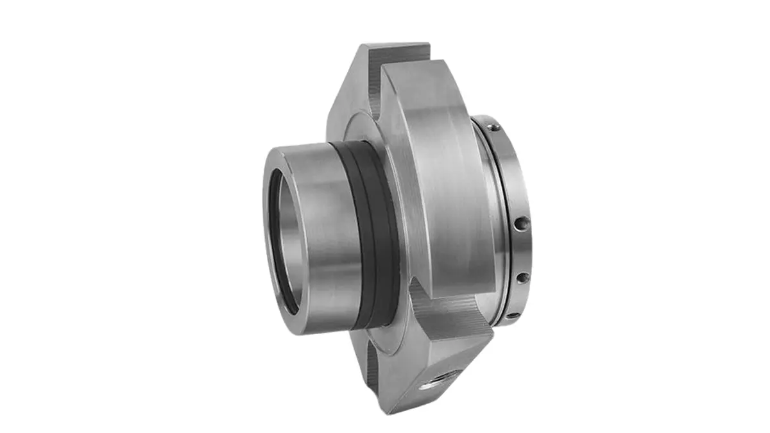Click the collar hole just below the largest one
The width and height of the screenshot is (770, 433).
522,278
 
